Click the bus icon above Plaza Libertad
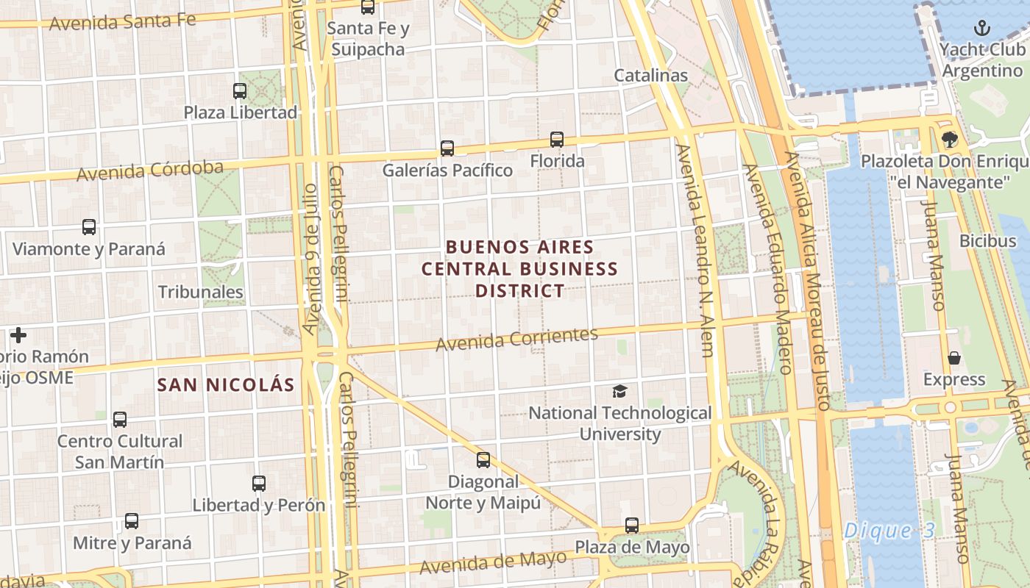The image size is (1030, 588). pos(240,91)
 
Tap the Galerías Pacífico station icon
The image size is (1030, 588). pos(447,148)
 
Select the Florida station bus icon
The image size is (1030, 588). pos(557,140)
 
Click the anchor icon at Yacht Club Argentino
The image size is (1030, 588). pos(981,29)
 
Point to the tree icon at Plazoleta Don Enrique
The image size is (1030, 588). pos(950,139)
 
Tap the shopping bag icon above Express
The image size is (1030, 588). pos(954,358)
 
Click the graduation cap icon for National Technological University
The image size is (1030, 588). pos(620,391)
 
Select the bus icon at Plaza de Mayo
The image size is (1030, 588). pos(632,526)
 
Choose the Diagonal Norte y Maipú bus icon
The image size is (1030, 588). pos(483,460)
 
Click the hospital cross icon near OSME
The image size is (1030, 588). pos(18,335)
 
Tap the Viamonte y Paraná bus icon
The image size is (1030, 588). pos(89,227)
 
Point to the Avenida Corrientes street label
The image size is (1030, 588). pos(516,339)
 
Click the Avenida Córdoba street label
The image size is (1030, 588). pos(150,171)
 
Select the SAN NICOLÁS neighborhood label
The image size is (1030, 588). pos(226,384)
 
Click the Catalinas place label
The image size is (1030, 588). pos(650,75)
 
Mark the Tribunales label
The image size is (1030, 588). pos(200,292)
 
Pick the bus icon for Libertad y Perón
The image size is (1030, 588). pos(259,484)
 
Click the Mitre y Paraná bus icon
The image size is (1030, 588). pos(132,521)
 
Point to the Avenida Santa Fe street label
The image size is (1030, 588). pos(123,21)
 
